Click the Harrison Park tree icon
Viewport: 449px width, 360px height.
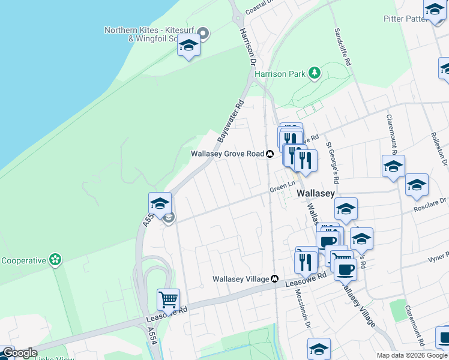point(313,73)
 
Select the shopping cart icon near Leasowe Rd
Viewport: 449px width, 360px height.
point(168,299)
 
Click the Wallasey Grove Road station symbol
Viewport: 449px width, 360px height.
point(270,154)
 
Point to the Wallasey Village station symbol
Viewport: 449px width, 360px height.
point(274,279)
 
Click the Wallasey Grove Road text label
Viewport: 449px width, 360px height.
point(228,154)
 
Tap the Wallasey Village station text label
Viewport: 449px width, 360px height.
point(241,279)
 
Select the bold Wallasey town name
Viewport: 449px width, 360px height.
point(316,193)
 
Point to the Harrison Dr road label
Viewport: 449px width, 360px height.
point(247,47)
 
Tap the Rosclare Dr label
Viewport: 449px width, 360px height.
point(430,209)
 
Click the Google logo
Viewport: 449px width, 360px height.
point(19,353)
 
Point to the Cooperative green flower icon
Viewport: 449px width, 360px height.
point(56,260)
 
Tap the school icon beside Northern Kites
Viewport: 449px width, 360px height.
point(189,46)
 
